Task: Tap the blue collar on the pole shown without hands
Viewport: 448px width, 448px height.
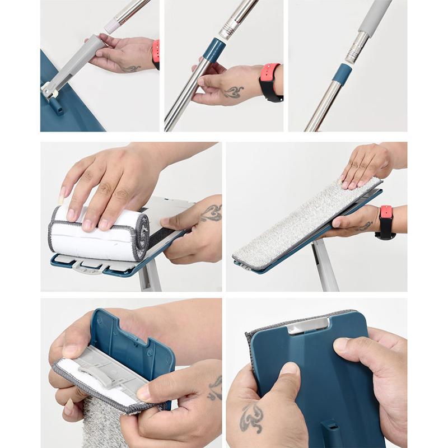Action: click(342, 73)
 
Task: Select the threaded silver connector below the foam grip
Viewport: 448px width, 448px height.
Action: click(356, 47)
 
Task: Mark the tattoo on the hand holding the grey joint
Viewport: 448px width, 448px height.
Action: click(130, 68)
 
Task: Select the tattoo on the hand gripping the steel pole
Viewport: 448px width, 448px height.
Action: click(232, 91)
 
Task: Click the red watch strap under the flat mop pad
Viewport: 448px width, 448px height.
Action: click(386, 213)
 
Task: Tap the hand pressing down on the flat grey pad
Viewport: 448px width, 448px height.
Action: click(367, 165)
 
